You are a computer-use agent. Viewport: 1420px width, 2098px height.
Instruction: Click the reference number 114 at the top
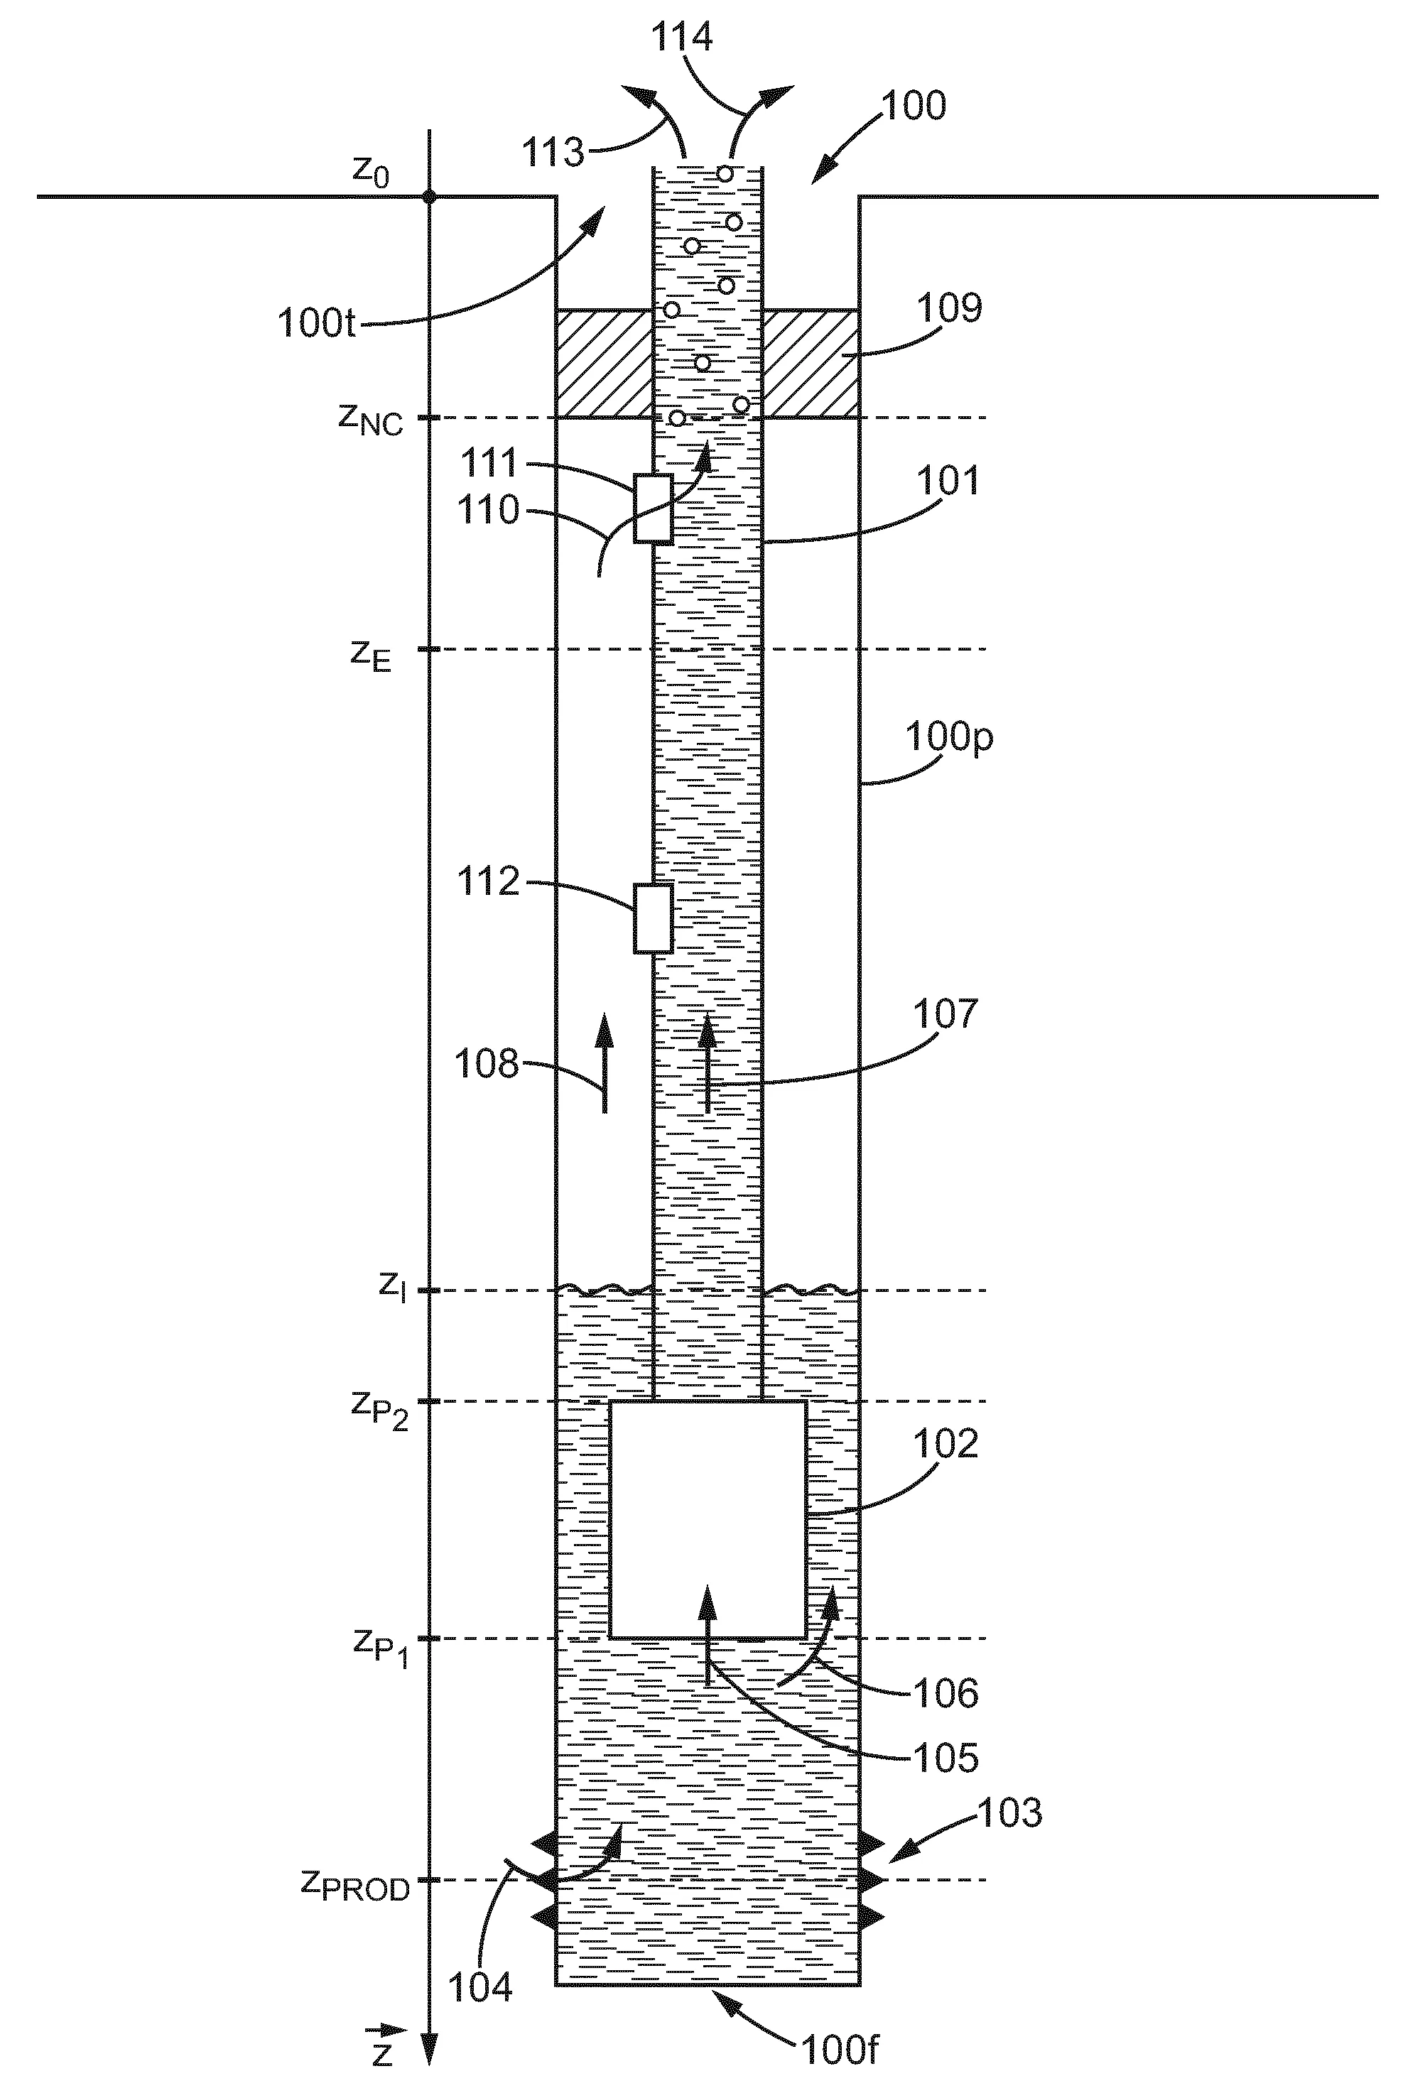click(x=683, y=38)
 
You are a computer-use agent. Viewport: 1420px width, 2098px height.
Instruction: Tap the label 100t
click(x=317, y=323)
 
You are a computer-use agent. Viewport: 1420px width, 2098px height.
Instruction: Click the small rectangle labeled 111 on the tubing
click(x=653, y=509)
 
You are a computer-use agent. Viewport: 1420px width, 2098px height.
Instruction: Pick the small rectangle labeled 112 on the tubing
click(x=653, y=918)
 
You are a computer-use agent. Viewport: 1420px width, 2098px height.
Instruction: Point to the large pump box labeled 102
click(x=708, y=1519)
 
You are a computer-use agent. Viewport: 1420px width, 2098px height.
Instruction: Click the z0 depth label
click(x=371, y=170)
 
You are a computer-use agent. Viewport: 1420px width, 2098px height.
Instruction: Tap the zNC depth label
click(x=371, y=419)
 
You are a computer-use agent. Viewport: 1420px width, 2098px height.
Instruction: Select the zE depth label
click(x=371, y=656)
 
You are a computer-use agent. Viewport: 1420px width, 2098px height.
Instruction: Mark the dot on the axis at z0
click(x=430, y=197)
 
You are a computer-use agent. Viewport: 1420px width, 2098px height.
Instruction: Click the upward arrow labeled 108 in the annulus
click(x=604, y=1062)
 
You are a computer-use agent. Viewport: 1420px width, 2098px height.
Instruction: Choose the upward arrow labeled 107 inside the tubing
click(x=707, y=1062)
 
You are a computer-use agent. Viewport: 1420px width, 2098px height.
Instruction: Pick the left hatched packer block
click(x=604, y=364)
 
